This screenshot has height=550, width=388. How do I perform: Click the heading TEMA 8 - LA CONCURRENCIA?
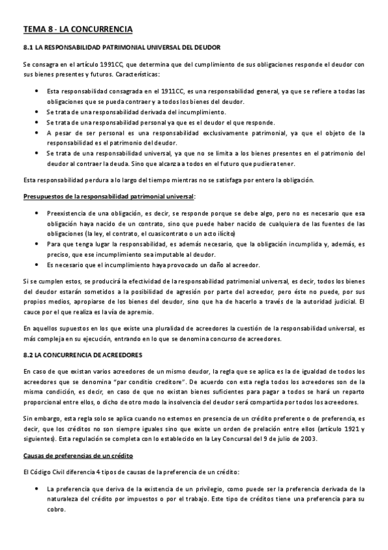click(78, 29)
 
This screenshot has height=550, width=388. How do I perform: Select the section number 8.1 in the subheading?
click(28, 47)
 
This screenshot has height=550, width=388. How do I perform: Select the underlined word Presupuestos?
click(45, 195)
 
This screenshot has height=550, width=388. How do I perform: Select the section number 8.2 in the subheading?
click(28, 356)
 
